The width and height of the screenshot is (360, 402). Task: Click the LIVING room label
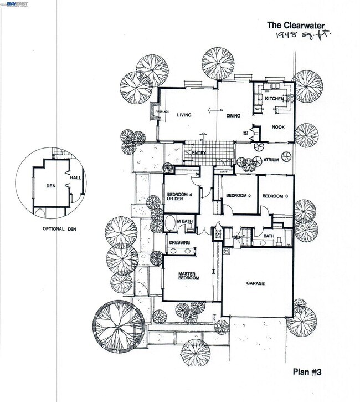(184, 115)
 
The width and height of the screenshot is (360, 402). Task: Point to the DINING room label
(233, 115)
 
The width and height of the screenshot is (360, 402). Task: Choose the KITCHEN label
(274, 99)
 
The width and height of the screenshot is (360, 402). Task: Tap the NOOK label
(278, 126)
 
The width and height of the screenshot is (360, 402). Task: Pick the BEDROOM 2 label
(239, 196)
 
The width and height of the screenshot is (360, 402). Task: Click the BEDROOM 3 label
(275, 196)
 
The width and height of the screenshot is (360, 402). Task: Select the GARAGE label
(255, 283)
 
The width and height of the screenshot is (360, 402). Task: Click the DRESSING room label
(179, 243)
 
